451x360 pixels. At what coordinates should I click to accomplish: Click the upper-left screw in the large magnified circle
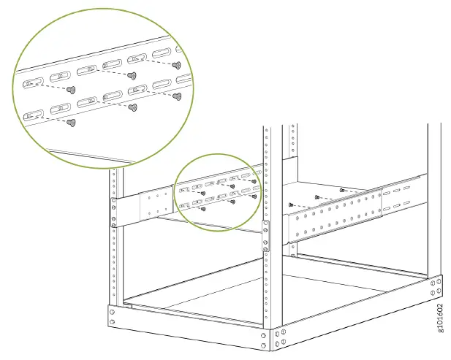tap(71, 89)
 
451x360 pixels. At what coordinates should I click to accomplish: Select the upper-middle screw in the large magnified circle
tap(132, 74)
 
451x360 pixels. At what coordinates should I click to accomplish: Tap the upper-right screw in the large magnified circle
tap(175, 64)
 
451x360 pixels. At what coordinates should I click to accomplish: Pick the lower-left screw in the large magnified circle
tap(71, 123)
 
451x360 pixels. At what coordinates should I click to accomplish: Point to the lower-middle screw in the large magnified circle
tap(132, 107)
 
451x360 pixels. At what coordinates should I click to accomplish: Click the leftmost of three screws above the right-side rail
tap(291, 204)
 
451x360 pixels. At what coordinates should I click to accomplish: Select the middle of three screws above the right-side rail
tap(316, 196)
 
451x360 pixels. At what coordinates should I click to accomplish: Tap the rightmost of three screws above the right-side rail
tap(341, 189)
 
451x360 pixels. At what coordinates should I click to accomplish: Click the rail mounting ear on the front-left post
tap(113, 212)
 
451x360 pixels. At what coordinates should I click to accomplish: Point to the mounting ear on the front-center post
tap(265, 236)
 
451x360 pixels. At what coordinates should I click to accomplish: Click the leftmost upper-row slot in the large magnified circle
tap(32, 83)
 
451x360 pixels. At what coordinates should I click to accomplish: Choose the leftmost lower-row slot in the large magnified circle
tap(32, 115)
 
